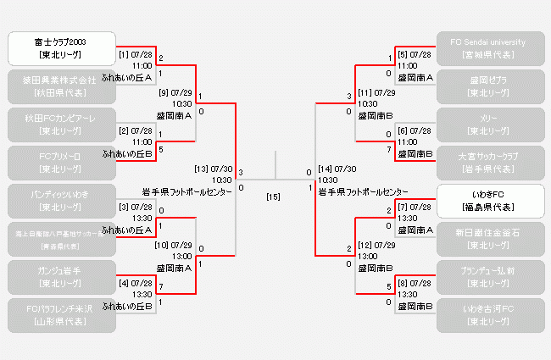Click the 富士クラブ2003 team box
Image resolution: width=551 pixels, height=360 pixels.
tap(59, 49)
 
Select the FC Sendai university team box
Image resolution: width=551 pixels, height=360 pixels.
tap(490, 49)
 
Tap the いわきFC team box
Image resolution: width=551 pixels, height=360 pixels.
tap(490, 201)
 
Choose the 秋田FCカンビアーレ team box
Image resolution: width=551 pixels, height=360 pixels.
tap(59, 125)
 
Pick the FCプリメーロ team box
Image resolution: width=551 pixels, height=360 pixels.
tap(59, 163)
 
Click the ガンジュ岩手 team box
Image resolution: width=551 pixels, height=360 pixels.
tap(59, 277)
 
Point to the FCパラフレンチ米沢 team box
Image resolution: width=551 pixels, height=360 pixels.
tap(59, 315)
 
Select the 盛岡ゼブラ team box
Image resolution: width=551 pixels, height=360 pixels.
tap(490, 86)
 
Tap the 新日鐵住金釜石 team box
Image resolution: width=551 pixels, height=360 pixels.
tap(490, 239)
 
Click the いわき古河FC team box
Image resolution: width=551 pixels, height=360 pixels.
tap(490, 315)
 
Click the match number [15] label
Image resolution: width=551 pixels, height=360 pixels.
tap(273, 197)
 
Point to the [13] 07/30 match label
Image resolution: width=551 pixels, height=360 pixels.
tap(213, 169)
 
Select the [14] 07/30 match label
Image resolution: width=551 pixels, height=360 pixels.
tap(338, 169)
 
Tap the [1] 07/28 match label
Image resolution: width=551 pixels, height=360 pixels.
tap(136, 54)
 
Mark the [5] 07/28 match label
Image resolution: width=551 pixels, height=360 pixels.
tap(415, 54)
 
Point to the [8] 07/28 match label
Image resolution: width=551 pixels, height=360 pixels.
tap(415, 282)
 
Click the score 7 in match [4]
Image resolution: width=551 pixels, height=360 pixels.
tap(161, 287)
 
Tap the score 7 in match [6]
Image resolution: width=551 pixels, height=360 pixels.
tap(389, 148)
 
